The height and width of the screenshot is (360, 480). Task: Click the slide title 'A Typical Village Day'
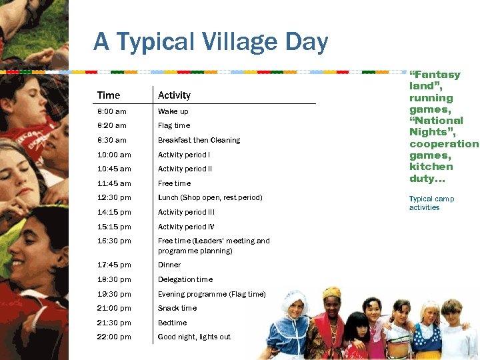pyautogui.click(x=211, y=43)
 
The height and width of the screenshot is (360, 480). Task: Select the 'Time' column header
pyautogui.click(x=109, y=95)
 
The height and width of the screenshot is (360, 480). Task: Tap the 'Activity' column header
pyautogui.click(x=174, y=95)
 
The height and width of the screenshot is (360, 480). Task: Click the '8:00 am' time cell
pyautogui.click(x=111, y=111)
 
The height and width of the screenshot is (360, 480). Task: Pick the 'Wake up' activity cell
pyautogui.click(x=173, y=111)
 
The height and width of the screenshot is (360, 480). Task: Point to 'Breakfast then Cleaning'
pyautogui.click(x=199, y=140)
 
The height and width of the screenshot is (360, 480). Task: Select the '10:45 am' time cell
pyautogui.click(x=114, y=169)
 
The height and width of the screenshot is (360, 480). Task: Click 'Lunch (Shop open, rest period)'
pyautogui.click(x=210, y=197)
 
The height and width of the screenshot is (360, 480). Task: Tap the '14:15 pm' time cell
pyautogui.click(x=114, y=212)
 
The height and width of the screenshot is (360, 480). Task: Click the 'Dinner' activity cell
pyautogui.click(x=169, y=265)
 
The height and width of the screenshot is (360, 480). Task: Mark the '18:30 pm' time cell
pyautogui.click(x=114, y=279)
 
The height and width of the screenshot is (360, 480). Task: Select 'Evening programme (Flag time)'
pyautogui.click(x=211, y=294)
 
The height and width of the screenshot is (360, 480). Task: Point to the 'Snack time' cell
pyautogui.click(x=177, y=308)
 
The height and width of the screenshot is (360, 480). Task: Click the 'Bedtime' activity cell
pyautogui.click(x=172, y=323)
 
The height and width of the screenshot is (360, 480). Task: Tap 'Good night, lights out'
pyautogui.click(x=194, y=337)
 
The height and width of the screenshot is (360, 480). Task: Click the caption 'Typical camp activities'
pyautogui.click(x=431, y=203)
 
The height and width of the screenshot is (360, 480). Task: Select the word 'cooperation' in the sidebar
pyautogui.click(x=444, y=143)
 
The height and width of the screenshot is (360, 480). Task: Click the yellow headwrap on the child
pyautogui.click(x=331, y=292)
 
